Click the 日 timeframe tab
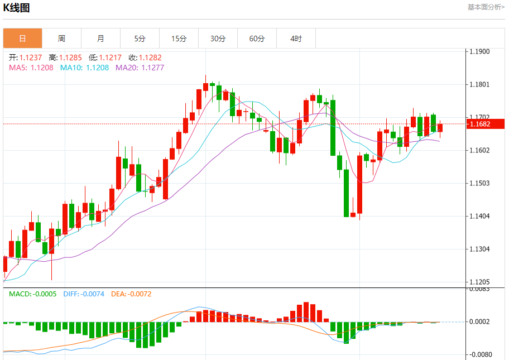pyautogui.click(x=22, y=39)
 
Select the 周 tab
pyautogui.click(x=61, y=39)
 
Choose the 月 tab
pyautogui.click(x=100, y=39)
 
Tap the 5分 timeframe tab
pyautogui.click(x=140, y=39)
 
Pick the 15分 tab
pyautogui.click(x=179, y=39)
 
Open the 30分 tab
pyautogui.click(x=218, y=39)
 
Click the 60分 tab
pyautogui.click(x=257, y=39)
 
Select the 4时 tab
pyautogui.click(x=296, y=39)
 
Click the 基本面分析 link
pyautogui.click(x=486, y=7)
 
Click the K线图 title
pyautogui.click(x=17, y=8)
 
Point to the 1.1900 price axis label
pyautogui.click(x=479, y=52)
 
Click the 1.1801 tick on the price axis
pyautogui.click(x=479, y=85)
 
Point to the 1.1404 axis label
pyautogui.click(x=479, y=216)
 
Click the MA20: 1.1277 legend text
pyautogui.click(x=140, y=68)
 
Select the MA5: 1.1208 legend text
pyautogui.click(x=31, y=68)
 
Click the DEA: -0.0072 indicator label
pyautogui.click(x=131, y=294)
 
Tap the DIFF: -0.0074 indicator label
pyautogui.click(x=84, y=294)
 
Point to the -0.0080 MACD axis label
pyautogui.click(x=479, y=354)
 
